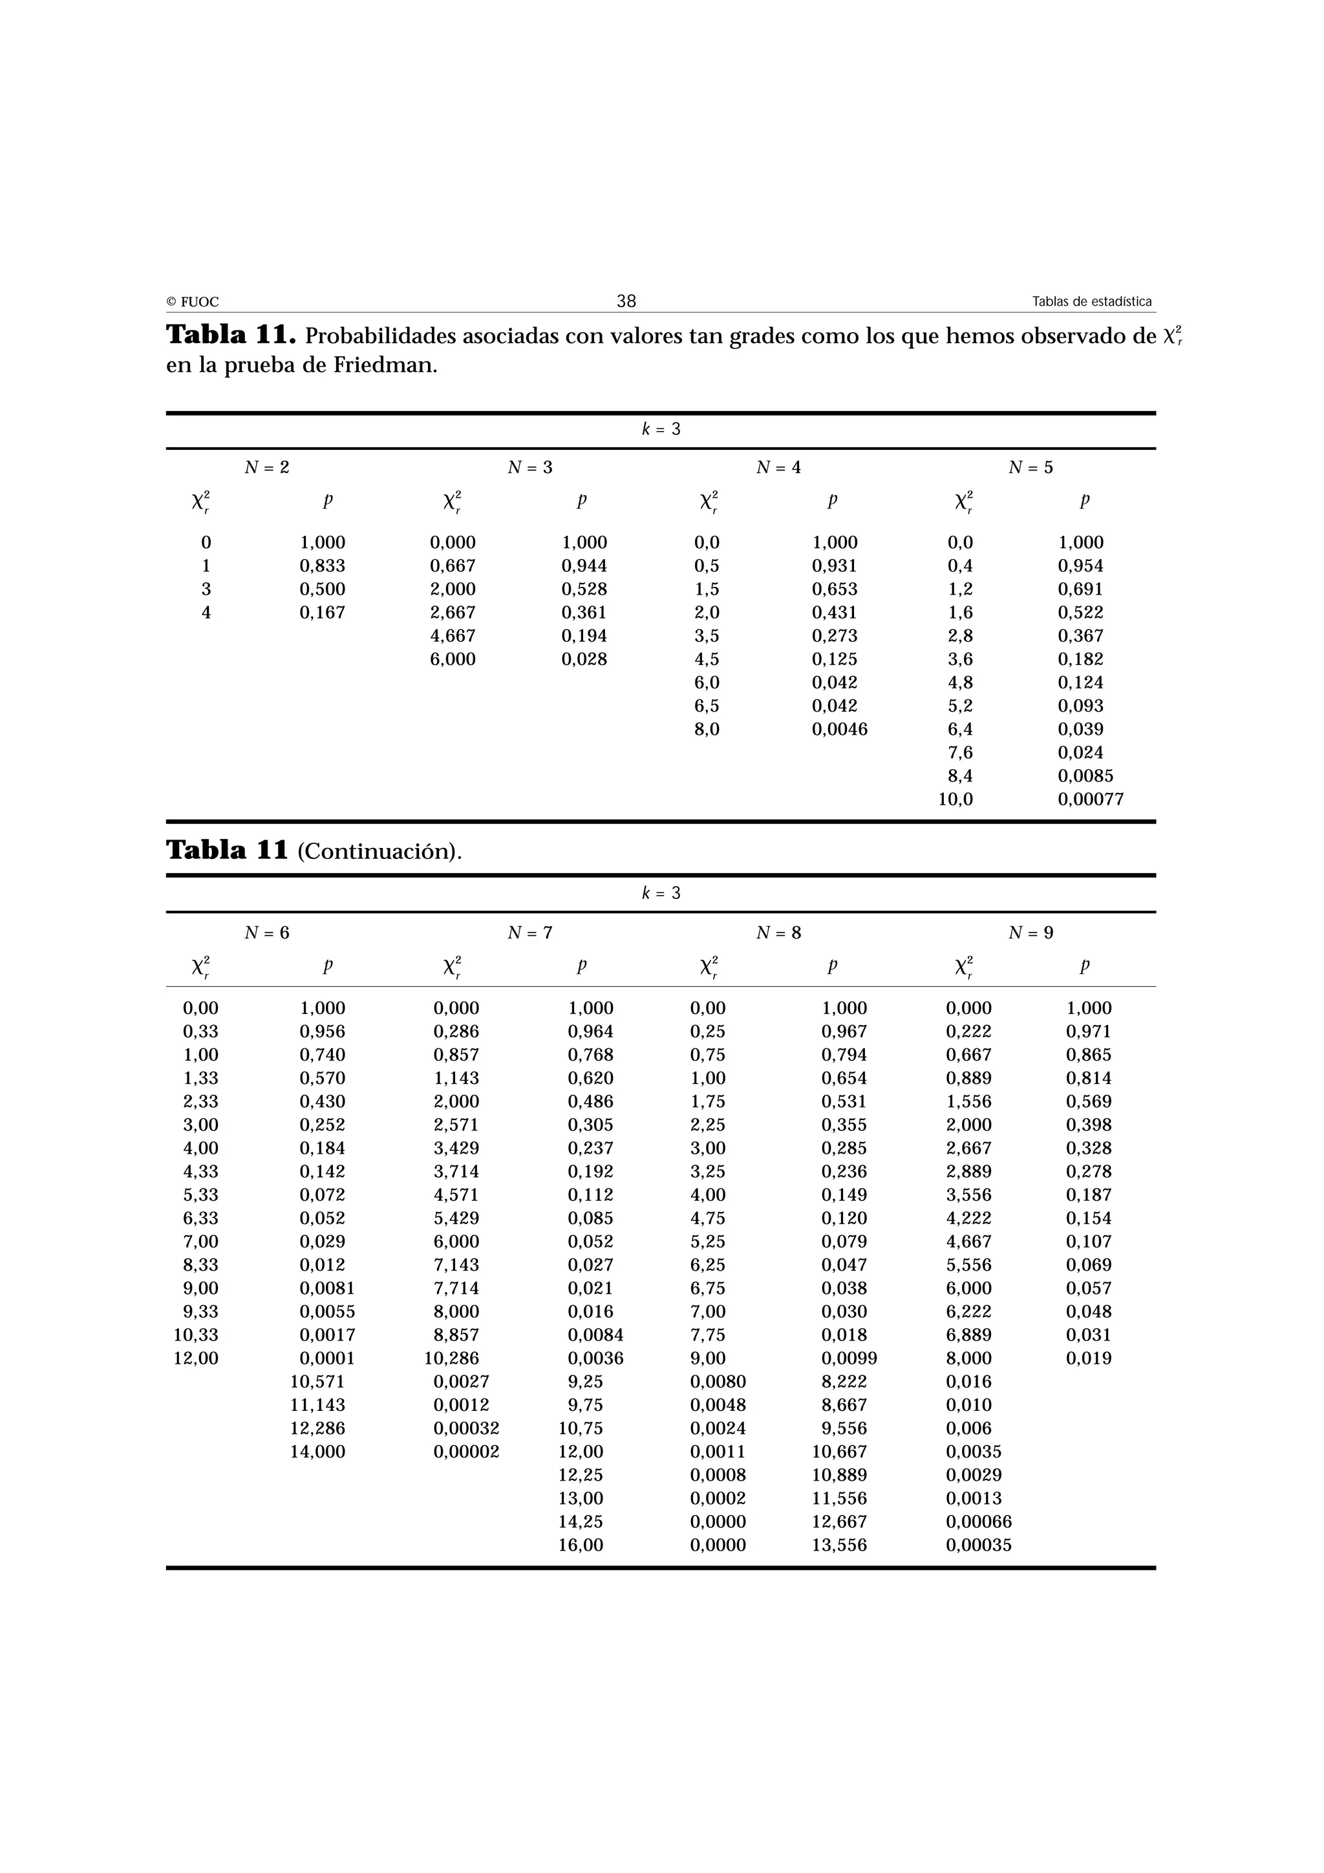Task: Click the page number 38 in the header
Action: tap(626, 301)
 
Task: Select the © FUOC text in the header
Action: tap(193, 302)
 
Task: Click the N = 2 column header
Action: tap(267, 467)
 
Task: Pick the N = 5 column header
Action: tap(1030, 467)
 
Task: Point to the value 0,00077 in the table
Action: tap(1090, 799)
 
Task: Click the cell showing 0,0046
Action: tap(839, 729)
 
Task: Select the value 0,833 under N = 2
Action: tap(322, 566)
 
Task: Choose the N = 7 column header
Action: tap(529, 933)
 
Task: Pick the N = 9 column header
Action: tap(1030, 933)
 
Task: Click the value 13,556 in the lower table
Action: tap(839, 1546)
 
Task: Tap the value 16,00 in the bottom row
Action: tap(581, 1546)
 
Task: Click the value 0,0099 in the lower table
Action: tap(848, 1359)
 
